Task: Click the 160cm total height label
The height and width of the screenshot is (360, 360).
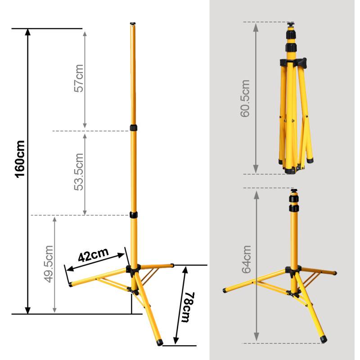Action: coord(20,159)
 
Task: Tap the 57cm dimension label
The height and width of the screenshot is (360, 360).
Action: coord(79,78)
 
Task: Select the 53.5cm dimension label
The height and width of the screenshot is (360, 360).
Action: coord(79,172)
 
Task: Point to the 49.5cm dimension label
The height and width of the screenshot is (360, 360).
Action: coord(49,264)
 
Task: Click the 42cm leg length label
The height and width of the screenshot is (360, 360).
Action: coord(93,255)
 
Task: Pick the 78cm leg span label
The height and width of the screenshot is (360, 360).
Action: coord(188,307)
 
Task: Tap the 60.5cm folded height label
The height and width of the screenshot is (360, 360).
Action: coord(245,99)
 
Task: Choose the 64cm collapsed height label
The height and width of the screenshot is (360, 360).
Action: coord(246,259)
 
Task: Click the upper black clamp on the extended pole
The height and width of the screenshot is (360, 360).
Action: coord(133,128)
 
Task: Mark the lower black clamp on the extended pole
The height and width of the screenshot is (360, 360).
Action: coord(134,215)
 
